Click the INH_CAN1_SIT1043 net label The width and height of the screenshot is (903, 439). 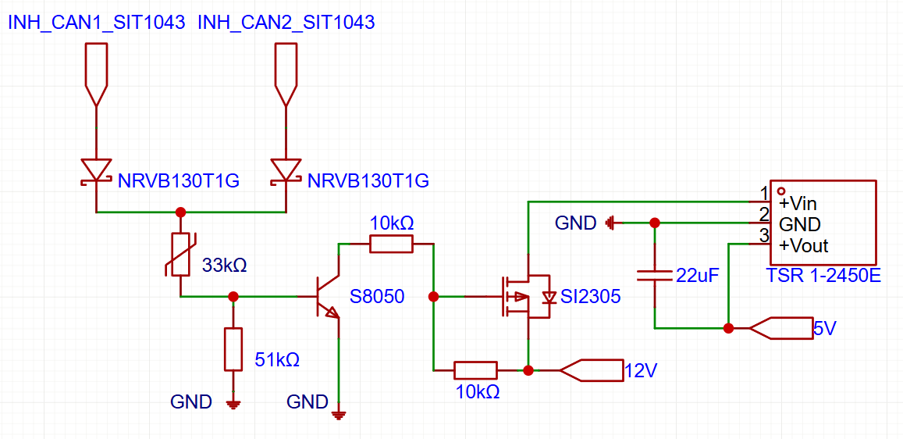pos(96,23)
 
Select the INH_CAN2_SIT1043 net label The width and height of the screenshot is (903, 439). pos(286,23)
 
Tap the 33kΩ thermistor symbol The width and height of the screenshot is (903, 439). pos(180,255)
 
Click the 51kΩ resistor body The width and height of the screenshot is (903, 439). pos(233,349)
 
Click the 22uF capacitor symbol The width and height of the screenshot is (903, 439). pos(654,275)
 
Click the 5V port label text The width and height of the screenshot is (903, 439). pos(824,329)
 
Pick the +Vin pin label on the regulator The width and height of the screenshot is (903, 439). pos(798,204)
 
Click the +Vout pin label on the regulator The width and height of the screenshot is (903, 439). pos(803,246)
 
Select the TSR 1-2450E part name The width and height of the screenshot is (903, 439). pos(823,275)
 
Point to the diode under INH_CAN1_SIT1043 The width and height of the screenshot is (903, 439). pos(96,170)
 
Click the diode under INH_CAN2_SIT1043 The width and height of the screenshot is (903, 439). pos(286,170)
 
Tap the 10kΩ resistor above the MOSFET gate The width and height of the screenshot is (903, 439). pos(390,244)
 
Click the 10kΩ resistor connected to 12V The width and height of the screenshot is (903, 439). pos(475,370)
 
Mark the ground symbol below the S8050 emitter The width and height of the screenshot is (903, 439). pos(339,414)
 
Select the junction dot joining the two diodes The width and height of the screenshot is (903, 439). pos(181,212)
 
